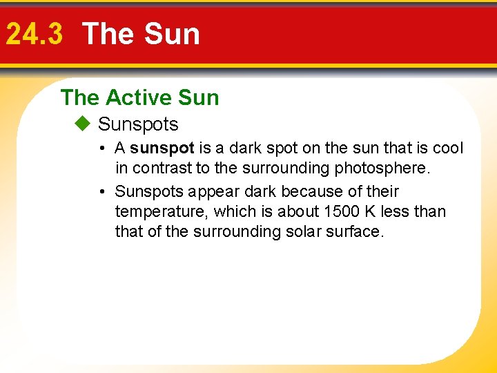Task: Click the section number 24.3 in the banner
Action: [34, 35]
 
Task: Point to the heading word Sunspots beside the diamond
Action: [138, 125]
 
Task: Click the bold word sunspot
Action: [162, 149]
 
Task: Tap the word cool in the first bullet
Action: [448, 149]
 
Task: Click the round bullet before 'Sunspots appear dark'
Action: [101, 191]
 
